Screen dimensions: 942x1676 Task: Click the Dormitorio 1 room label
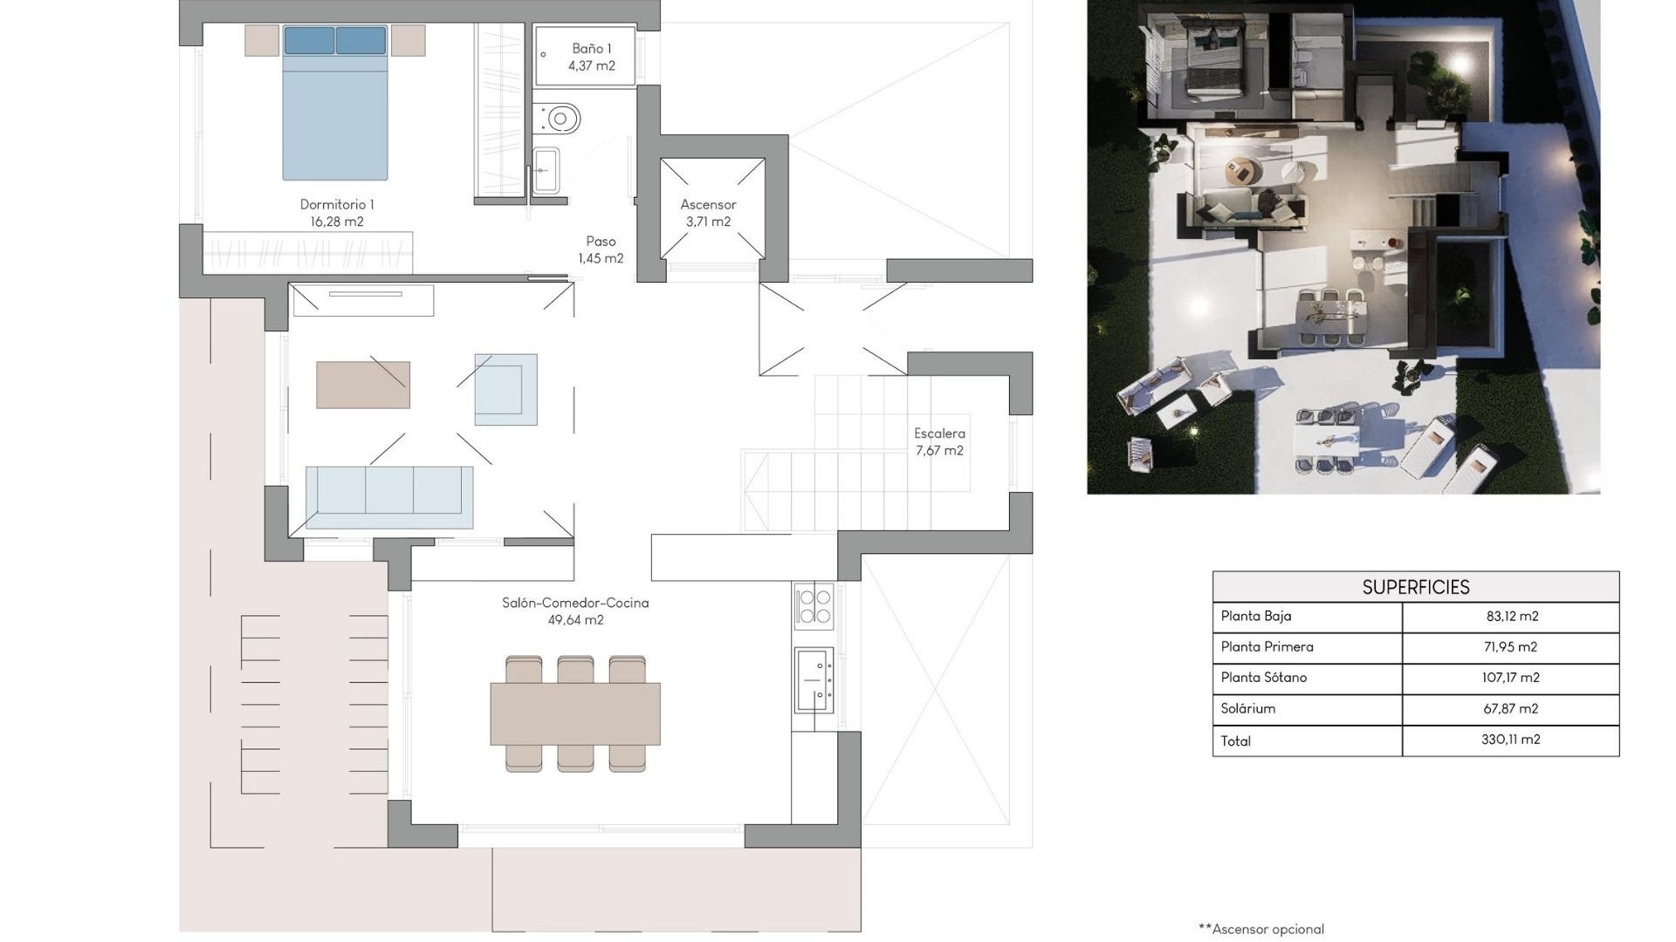tap(337, 213)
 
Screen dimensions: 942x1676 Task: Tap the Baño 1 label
tap(592, 57)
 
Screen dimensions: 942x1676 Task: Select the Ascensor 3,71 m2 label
tap(708, 213)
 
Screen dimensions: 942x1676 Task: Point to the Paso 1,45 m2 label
tap(601, 249)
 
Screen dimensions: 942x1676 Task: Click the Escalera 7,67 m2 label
tap(939, 441)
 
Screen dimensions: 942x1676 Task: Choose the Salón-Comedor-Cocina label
tap(575, 611)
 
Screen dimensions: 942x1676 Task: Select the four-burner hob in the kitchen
tap(814, 606)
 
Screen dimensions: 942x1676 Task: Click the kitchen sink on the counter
tap(813, 679)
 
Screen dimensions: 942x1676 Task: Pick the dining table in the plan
tap(575, 713)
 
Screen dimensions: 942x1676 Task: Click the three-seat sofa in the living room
tap(389, 496)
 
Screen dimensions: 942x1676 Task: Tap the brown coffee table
tap(363, 385)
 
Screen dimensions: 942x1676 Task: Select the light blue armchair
tap(505, 389)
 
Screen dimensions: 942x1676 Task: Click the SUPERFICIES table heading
tap(1415, 587)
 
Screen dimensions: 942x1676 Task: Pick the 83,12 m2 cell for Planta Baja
tap(1511, 616)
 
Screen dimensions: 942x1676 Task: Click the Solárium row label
tap(1247, 708)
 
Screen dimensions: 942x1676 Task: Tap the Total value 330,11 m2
tap(1510, 740)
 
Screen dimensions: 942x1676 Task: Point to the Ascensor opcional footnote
tap(1261, 929)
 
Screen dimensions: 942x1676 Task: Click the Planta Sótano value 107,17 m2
tap(1510, 677)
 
